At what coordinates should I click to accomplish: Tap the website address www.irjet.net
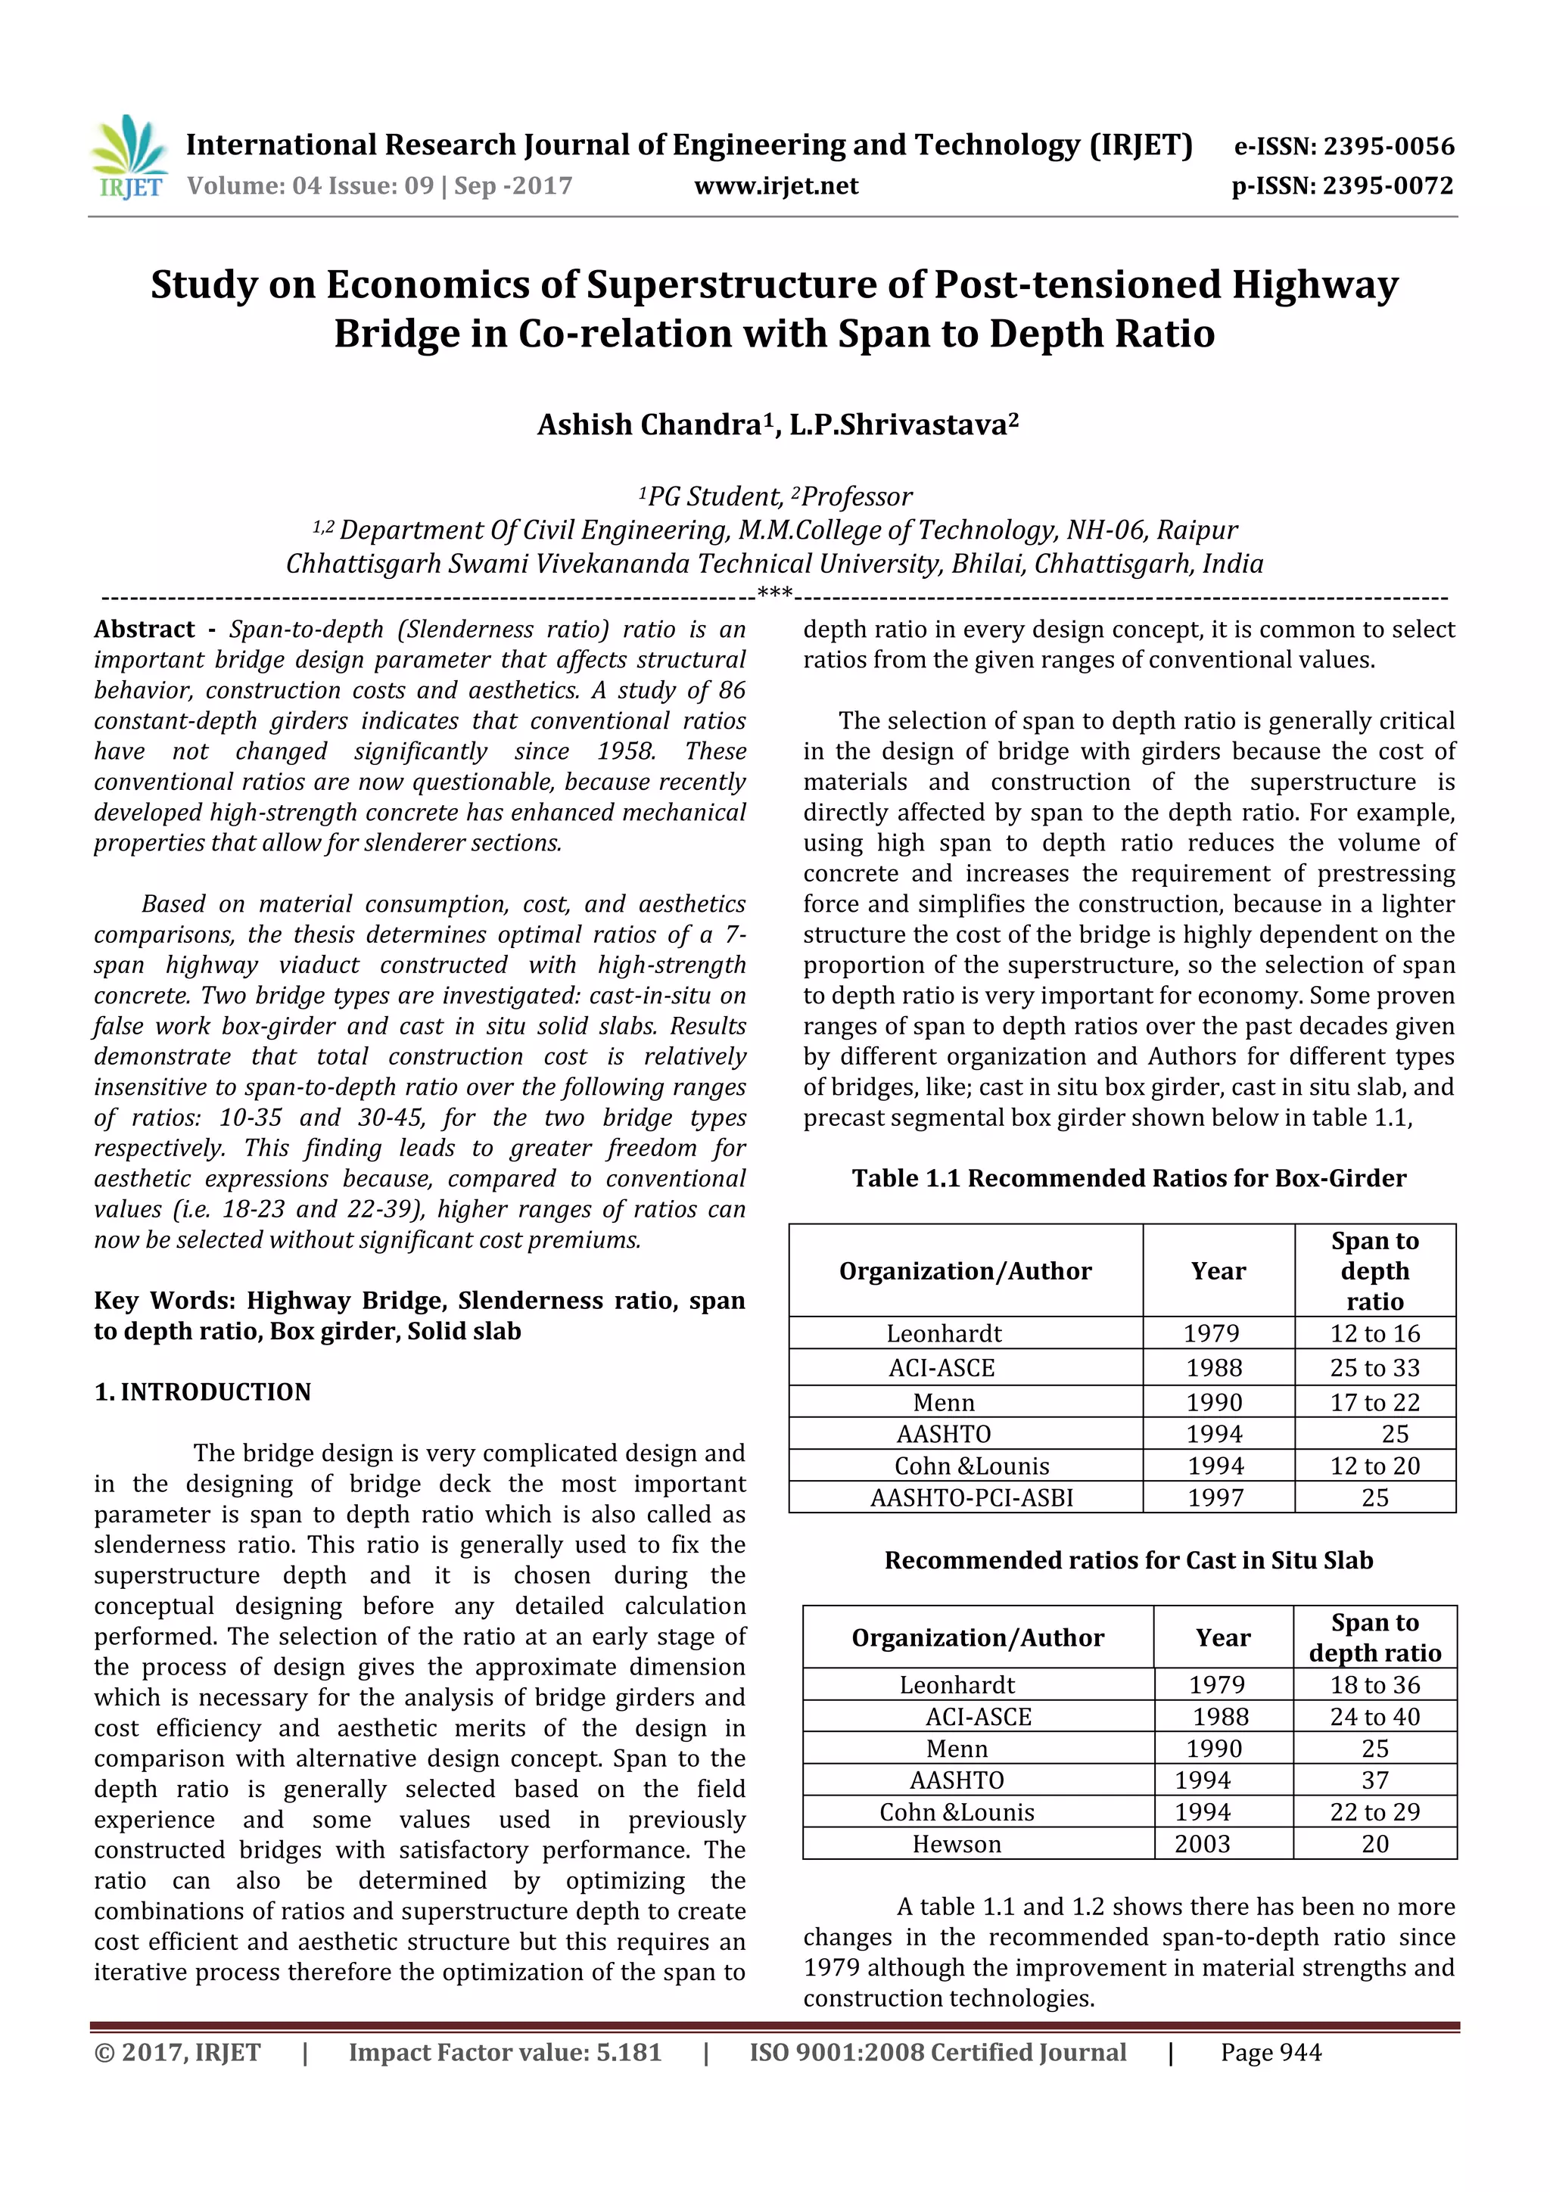coord(776,185)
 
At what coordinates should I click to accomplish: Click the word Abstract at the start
coord(145,629)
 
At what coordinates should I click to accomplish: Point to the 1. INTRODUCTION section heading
coord(203,1392)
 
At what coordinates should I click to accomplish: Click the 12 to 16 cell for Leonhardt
coord(1374,1334)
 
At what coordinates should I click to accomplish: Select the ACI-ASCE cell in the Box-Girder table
coord(942,1368)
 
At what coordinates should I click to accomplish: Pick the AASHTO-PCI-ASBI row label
coord(971,1498)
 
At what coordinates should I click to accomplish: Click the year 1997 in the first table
coord(1215,1498)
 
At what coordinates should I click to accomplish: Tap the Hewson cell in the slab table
coord(956,1845)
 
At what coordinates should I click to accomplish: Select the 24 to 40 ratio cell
coord(1374,1718)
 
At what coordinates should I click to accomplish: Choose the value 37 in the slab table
coord(1374,1780)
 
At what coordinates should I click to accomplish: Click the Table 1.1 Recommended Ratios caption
coord(1129,1178)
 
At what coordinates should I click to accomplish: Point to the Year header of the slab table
coord(1222,1638)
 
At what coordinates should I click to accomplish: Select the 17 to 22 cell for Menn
coord(1374,1403)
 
